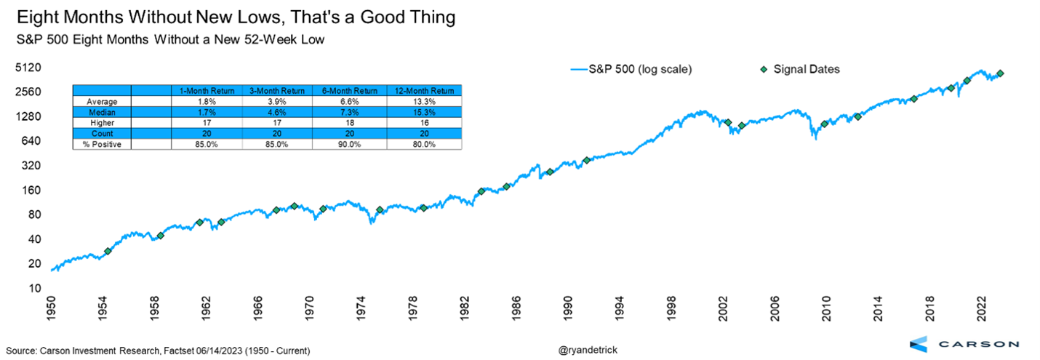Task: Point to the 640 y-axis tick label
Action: (28, 141)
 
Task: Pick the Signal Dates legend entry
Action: (801, 69)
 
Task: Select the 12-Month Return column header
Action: (423, 90)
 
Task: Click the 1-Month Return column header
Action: (207, 90)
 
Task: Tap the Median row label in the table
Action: (102, 112)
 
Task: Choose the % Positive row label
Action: (102, 145)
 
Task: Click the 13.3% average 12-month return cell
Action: (423, 101)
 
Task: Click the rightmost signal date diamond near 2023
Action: (1000, 73)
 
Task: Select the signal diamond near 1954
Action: (108, 251)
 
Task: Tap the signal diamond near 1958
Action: (160, 236)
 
